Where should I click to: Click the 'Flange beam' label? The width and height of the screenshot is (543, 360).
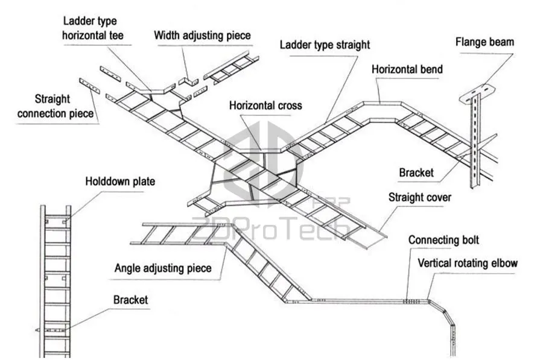pyautogui.click(x=484, y=42)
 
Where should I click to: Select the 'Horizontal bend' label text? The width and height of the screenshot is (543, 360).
pyautogui.click(x=407, y=69)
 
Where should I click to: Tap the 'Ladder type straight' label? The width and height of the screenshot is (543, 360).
pyautogui.click(x=325, y=45)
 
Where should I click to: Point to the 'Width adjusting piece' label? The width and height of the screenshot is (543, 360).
pyautogui.click(x=202, y=36)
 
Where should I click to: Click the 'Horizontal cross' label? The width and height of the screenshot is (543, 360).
pyautogui.click(x=265, y=106)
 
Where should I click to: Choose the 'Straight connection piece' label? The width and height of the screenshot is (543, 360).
pyautogui.click(x=55, y=106)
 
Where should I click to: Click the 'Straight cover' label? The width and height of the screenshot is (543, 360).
pyautogui.click(x=420, y=197)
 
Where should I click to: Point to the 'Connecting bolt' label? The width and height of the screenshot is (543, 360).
pyautogui.click(x=443, y=240)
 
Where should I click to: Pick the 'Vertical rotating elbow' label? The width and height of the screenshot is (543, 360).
pyautogui.click(x=468, y=263)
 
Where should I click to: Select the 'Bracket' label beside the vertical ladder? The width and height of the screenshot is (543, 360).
pyautogui.click(x=130, y=300)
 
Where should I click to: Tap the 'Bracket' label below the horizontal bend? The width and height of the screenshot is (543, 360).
pyautogui.click(x=416, y=173)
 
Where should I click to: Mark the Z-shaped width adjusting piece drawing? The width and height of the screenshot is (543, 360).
pyautogui.click(x=189, y=81)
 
